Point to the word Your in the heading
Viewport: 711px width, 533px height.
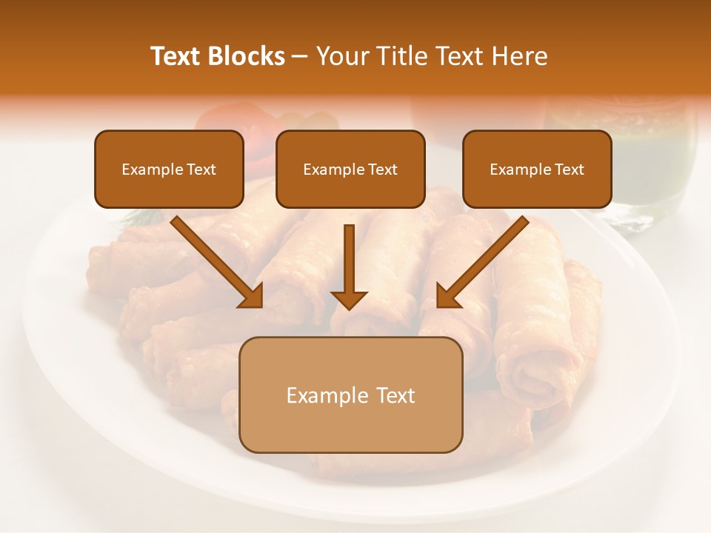pos(341,56)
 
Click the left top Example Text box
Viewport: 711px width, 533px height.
pos(169,170)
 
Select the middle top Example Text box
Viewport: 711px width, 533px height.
pos(350,170)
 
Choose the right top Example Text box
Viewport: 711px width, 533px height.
pos(537,170)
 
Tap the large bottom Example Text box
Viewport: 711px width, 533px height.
pos(351,395)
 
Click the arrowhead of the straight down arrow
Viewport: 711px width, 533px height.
pos(349,299)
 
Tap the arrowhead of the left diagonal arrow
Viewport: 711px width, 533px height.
pos(252,295)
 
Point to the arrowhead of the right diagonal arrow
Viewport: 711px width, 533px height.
pos(448,295)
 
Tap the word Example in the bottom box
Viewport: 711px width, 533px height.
pos(317,395)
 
